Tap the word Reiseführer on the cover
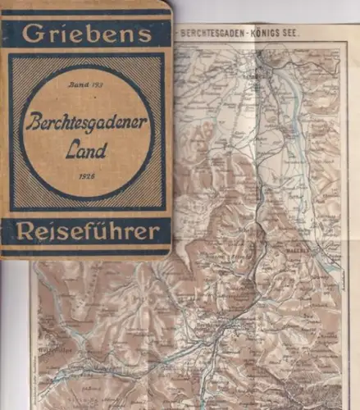pyautogui.click(x=86, y=232)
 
